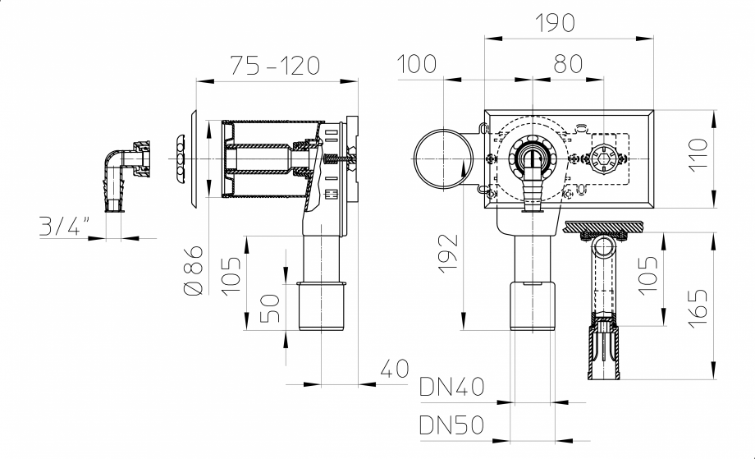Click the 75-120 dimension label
point(274,65)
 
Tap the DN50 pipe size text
point(451,425)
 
